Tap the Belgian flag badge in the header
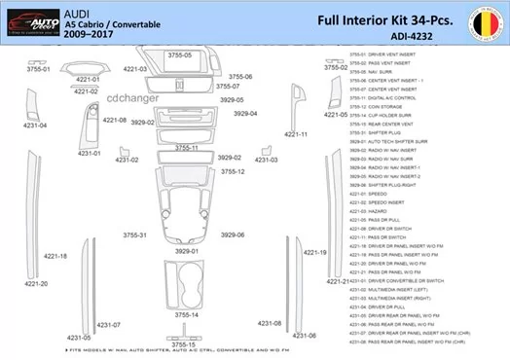point(485,21)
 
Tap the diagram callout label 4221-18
point(56,256)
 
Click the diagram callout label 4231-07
point(109,325)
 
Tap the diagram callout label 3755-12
point(233,171)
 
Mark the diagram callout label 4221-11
point(296,134)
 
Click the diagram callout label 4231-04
point(35,125)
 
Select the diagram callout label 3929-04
point(245,114)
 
